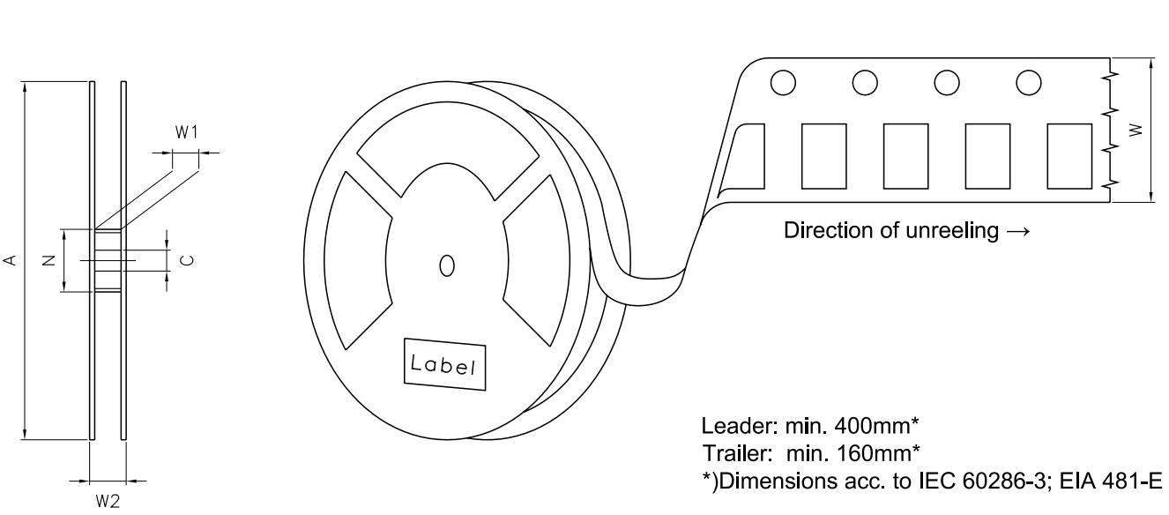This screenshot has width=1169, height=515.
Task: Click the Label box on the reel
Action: (444, 364)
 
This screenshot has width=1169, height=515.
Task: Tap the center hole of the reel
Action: (447, 265)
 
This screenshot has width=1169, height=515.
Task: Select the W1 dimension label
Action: (186, 132)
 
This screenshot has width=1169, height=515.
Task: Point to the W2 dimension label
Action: (108, 502)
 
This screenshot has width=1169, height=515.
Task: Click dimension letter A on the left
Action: (11, 260)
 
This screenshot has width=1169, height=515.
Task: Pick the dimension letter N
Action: (49, 260)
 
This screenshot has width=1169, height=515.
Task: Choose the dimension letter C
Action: (188, 260)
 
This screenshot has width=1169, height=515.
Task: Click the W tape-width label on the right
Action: (1135, 130)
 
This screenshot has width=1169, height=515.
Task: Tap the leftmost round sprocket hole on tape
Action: (783, 82)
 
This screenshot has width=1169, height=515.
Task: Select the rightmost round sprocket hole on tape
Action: (1029, 82)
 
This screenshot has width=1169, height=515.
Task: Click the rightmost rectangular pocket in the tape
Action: (1069, 156)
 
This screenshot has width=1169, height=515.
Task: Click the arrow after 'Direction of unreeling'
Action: (1018, 231)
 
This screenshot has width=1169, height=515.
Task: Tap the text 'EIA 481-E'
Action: (1111, 481)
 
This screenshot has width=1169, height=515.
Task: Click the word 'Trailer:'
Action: (737, 453)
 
